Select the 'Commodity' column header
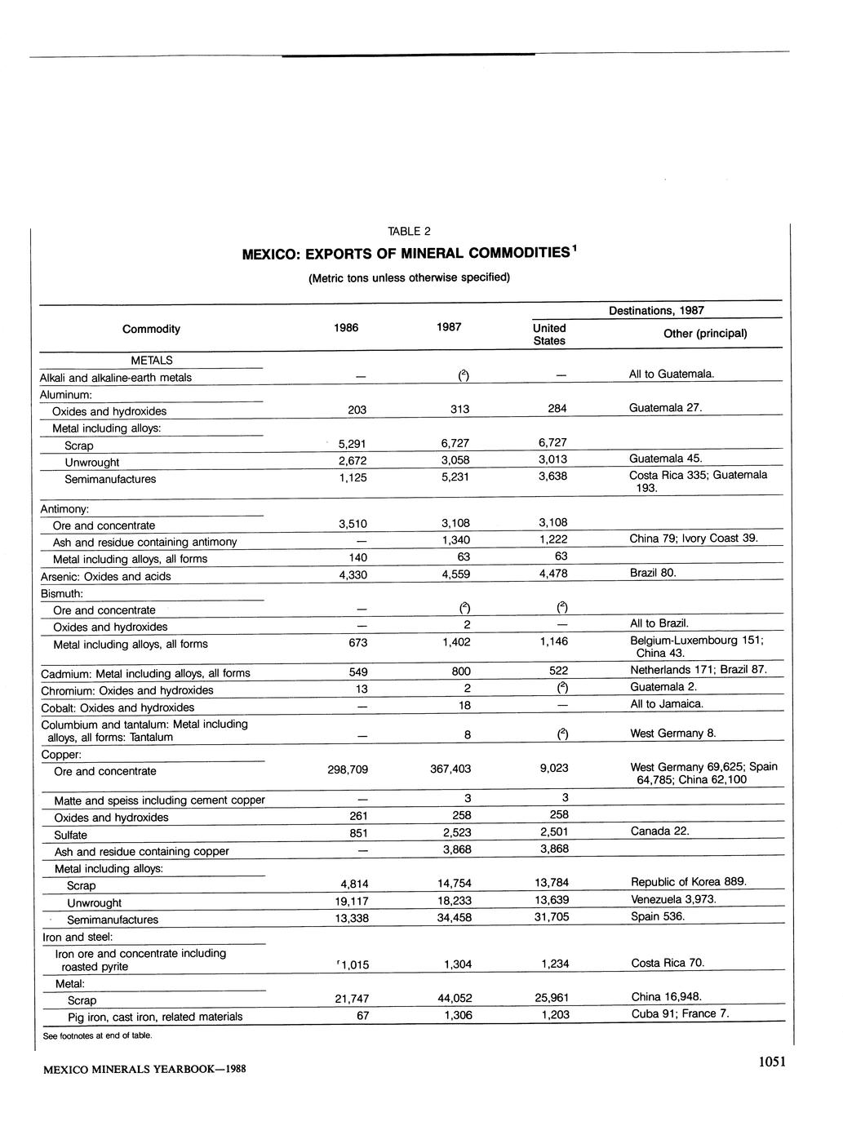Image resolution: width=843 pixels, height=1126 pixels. pyautogui.click(x=151, y=329)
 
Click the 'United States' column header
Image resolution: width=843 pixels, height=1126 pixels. pyautogui.click(x=549, y=334)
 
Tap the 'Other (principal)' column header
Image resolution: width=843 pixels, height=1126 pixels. pyautogui.click(x=705, y=333)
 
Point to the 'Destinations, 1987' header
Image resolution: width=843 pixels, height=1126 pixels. pyautogui.click(x=656, y=310)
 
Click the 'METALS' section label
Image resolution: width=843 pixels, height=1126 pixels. pyautogui.click(x=152, y=360)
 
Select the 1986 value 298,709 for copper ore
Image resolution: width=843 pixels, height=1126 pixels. pyautogui.click(x=347, y=769)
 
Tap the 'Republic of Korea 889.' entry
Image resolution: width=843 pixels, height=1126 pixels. pyautogui.click(x=689, y=881)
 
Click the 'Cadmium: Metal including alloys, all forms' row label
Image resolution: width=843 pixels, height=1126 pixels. pyautogui.click(x=146, y=673)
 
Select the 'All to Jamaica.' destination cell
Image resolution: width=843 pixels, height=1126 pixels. pyautogui.click(x=666, y=703)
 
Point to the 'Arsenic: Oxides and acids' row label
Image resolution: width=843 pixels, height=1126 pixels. pyautogui.click(x=106, y=576)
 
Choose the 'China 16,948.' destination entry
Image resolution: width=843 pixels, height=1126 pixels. pyautogui.click(x=667, y=996)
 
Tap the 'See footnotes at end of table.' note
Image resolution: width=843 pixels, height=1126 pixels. pyautogui.click(x=98, y=1035)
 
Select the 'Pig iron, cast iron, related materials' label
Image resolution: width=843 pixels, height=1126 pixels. pyautogui.click(x=155, y=1017)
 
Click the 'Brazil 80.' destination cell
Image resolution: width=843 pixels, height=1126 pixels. pyautogui.click(x=654, y=573)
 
